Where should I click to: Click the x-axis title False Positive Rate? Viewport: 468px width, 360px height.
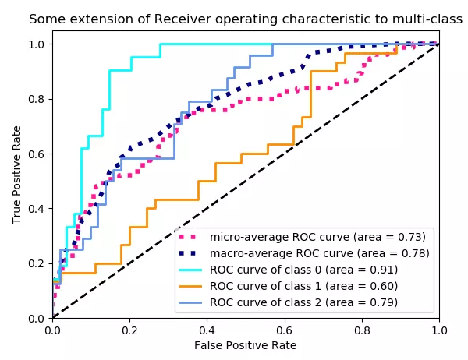coord(246,344)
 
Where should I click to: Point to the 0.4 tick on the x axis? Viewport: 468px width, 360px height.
coord(207,319)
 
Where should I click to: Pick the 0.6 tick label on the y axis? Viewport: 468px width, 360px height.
coord(36,154)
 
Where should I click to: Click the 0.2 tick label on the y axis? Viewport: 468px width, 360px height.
coord(36,263)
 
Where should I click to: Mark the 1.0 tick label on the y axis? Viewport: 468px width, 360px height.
coord(36,44)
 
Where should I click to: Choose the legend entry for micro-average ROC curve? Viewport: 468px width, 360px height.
coord(317,237)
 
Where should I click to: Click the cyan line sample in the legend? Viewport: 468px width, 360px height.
coord(191,270)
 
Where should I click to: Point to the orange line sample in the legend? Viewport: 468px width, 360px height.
coord(191,286)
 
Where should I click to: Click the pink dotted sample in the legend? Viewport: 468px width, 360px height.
coord(191,237)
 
